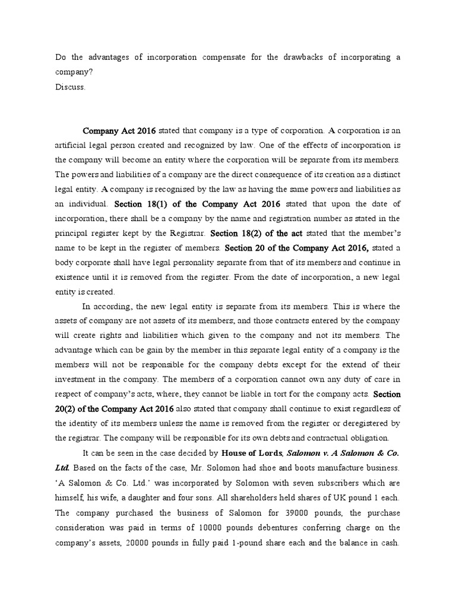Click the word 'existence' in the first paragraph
tap(73, 277)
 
